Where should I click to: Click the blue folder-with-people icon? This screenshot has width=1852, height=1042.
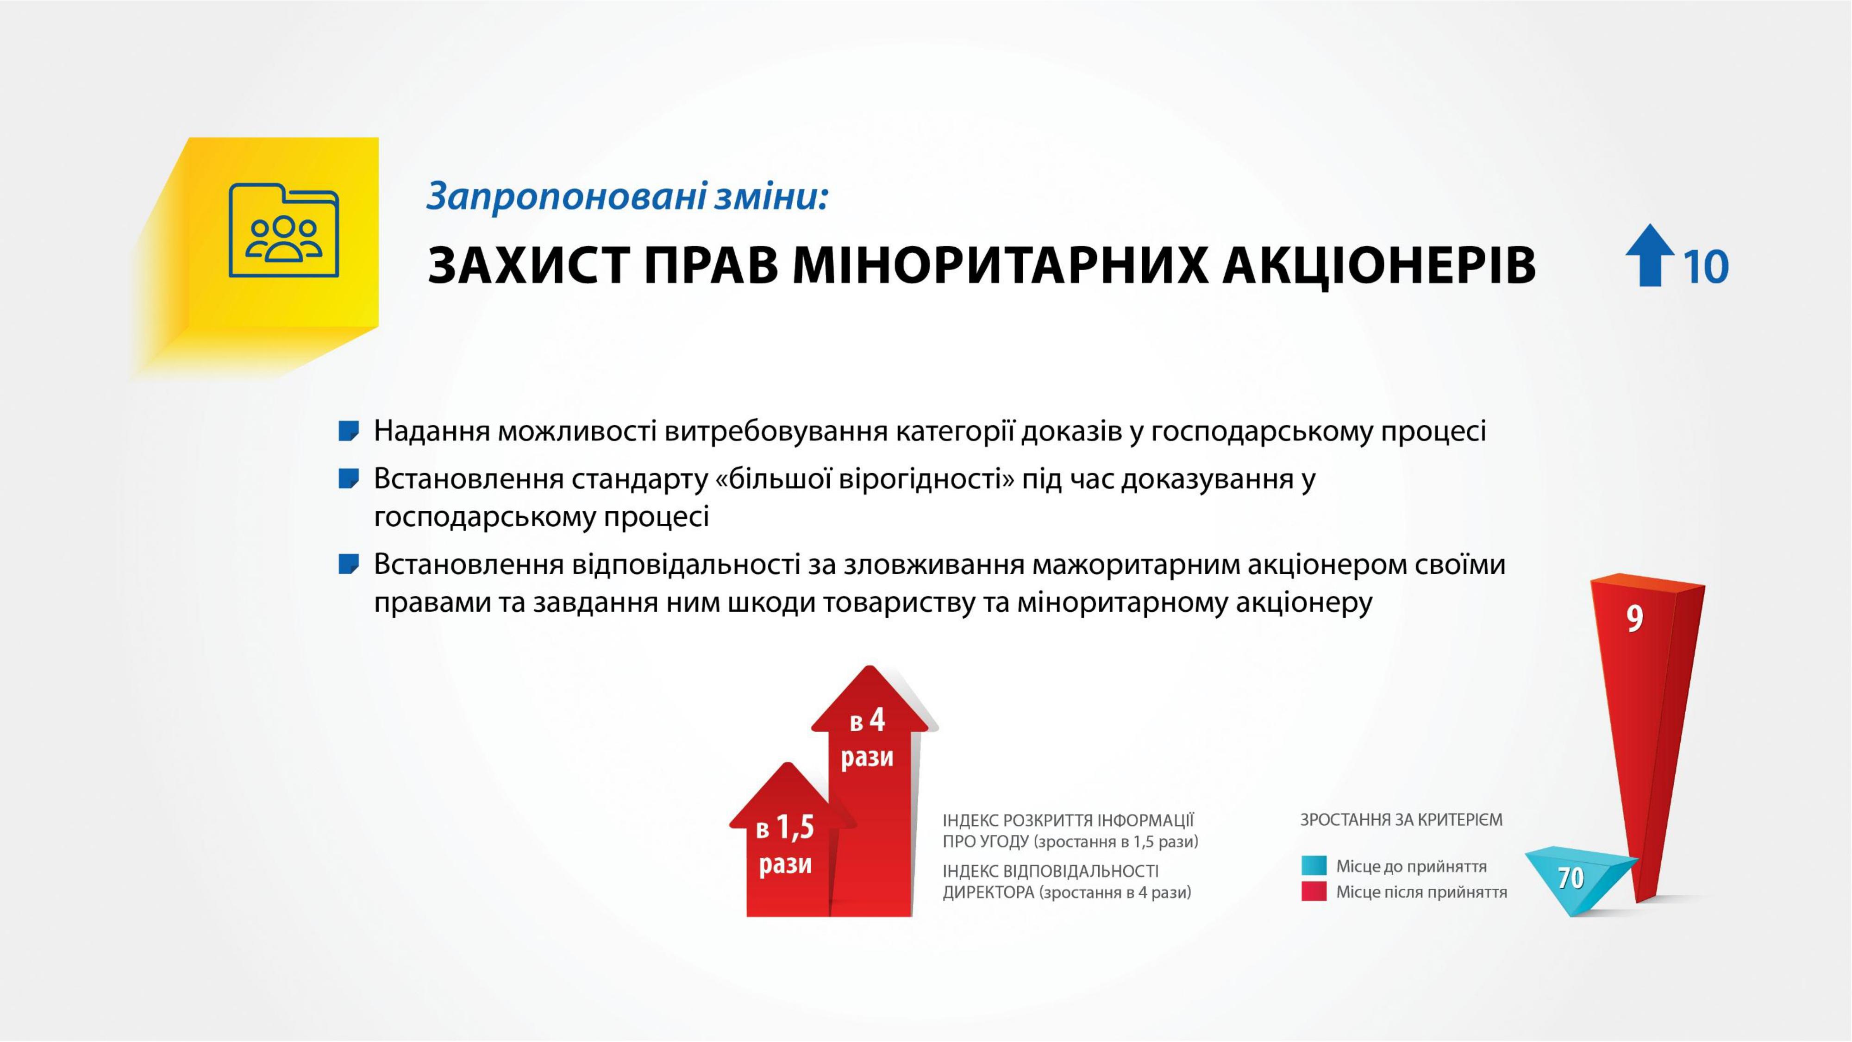click(x=284, y=230)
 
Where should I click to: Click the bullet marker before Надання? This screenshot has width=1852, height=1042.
click(x=349, y=432)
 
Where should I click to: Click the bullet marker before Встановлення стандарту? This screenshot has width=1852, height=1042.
click(x=349, y=479)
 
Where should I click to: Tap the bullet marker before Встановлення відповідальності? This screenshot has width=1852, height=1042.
click(x=349, y=565)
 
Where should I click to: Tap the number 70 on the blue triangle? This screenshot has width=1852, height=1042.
click(x=1571, y=878)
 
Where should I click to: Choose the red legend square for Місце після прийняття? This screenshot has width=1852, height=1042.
click(x=1314, y=891)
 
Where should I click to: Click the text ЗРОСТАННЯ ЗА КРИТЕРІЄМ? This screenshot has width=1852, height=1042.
click(x=1401, y=820)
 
